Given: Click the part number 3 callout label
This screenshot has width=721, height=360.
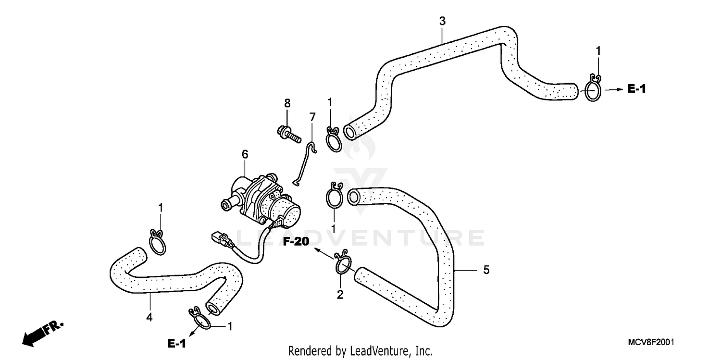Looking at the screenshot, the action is coord(442,21).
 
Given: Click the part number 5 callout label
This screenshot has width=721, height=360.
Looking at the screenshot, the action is coord(486,270).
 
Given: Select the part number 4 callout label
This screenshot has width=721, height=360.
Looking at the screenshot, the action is coord(149,317).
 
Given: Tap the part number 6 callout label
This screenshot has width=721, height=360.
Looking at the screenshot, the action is coord(245,154).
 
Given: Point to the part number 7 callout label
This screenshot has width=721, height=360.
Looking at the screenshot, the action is coord(312,117).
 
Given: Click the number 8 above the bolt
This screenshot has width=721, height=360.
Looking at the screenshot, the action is coord(287,103).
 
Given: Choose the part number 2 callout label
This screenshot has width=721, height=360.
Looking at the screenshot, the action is coord(340,295).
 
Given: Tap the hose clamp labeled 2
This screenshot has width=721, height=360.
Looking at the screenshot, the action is coord(343,264).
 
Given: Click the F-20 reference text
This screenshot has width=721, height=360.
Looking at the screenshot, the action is coord(295,242).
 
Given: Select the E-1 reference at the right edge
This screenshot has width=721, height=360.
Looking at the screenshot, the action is coord(636,89).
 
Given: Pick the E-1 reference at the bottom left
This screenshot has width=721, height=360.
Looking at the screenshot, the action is coord(176,343).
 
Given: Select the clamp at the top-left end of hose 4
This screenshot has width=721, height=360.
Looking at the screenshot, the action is coord(157,242).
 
